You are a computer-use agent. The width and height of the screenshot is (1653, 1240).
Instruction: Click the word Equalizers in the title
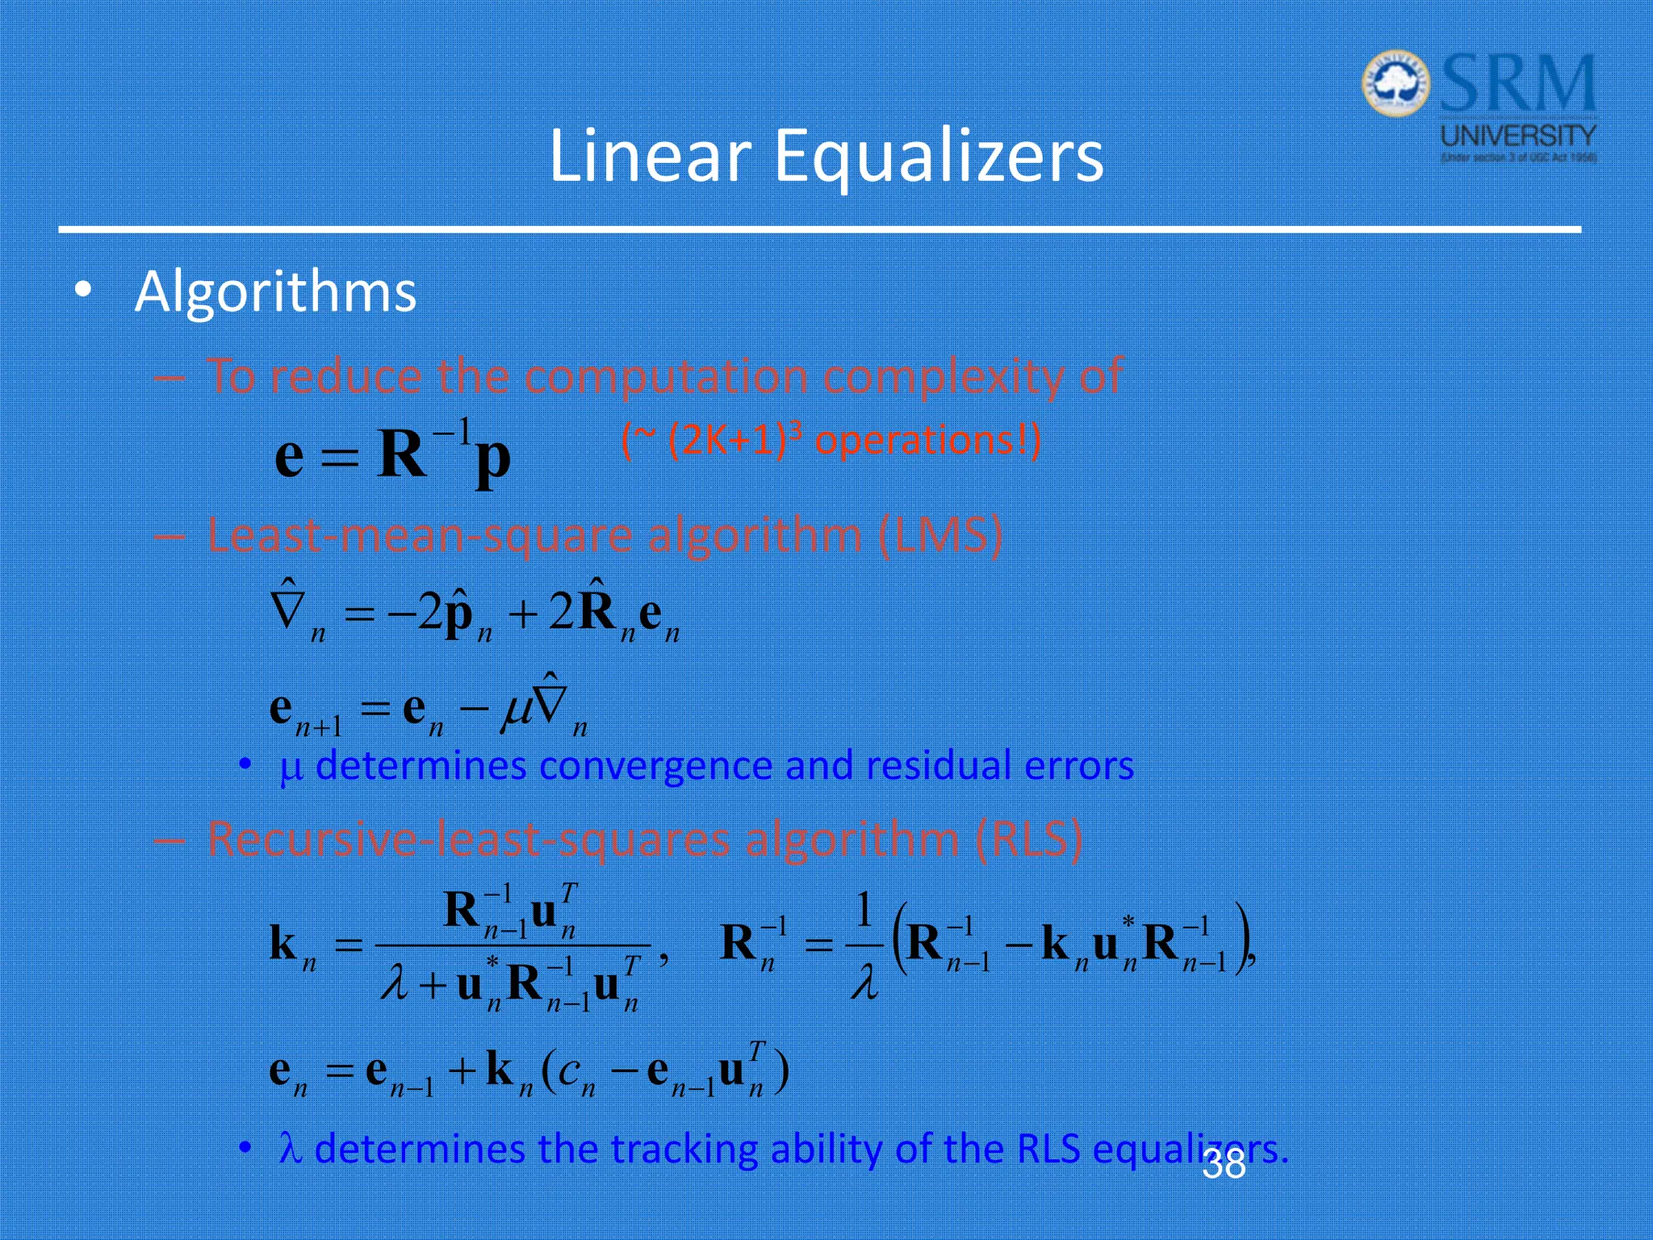[938, 157]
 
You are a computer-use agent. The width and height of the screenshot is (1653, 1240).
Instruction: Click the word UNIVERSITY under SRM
[1518, 135]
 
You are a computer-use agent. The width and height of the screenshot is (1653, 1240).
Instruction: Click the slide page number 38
[1224, 1165]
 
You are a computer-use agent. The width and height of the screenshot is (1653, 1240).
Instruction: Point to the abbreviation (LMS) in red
[939, 535]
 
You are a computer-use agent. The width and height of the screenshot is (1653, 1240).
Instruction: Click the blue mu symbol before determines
[291, 769]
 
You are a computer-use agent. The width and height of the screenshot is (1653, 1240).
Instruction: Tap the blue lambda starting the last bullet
[290, 1149]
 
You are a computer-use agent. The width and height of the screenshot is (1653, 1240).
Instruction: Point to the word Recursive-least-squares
[469, 839]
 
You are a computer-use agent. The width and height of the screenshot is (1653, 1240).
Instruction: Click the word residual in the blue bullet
[938, 765]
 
